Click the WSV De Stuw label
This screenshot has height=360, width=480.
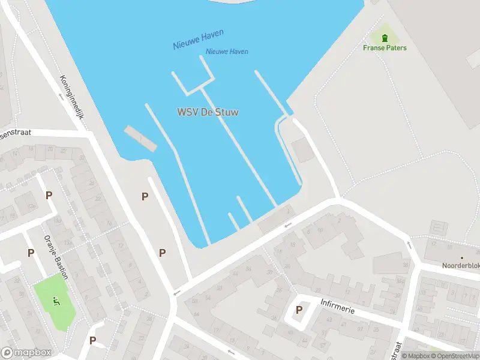pyautogui.click(x=208, y=112)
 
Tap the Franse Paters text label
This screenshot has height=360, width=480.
pyautogui.click(x=385, y=48)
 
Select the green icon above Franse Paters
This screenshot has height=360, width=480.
pyautogui.click(x=385, y=38)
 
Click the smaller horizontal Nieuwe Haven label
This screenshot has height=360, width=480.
pyautogui.click(x=227, y=52)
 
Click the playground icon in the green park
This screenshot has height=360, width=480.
pyautogui.click(x=56, y=301)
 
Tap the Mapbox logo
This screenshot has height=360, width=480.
pyautogui.click(x=26, y=353)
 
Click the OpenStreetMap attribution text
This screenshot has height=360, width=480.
pyautogui.click(x=454, y=356)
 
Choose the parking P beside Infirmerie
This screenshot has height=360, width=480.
pyautogui.click(x=299, y=310)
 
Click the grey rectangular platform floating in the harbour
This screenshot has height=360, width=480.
pyautogui.click(x=140, y=138)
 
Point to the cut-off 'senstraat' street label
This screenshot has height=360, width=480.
pyautogui.click(x=14, y=134)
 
